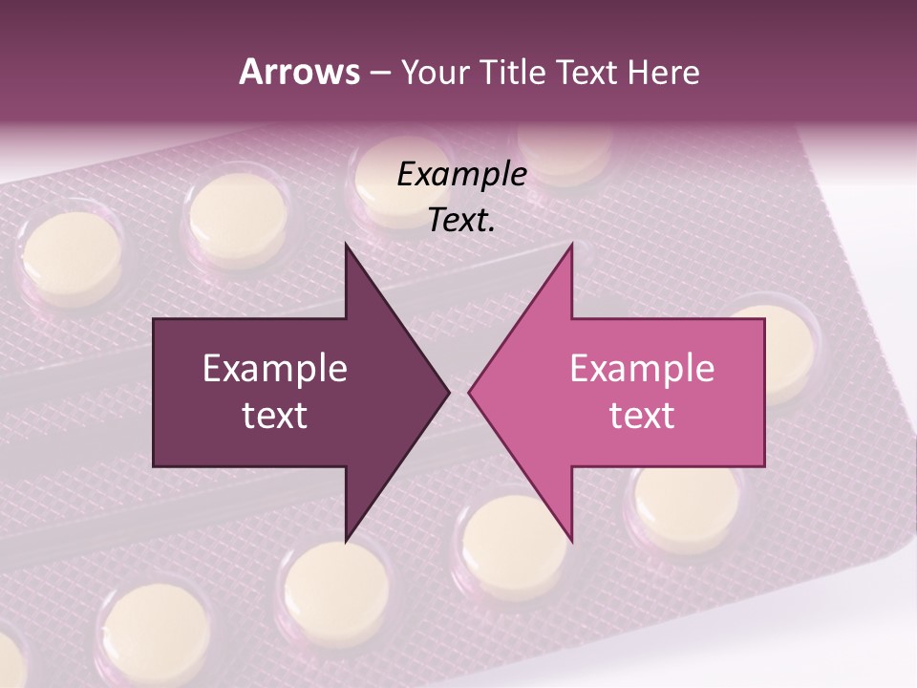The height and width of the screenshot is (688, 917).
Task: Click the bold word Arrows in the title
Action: pos(298,72)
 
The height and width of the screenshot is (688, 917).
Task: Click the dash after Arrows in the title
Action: pos(379,74)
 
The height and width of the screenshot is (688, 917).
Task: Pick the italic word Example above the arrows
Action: pos(461,175)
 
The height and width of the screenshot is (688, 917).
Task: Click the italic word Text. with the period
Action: pos(461,221)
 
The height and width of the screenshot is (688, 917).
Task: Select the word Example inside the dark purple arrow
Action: pos(275,368)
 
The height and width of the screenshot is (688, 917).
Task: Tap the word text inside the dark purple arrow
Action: pos(275,415)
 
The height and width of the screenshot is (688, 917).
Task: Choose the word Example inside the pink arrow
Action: pos(642,368)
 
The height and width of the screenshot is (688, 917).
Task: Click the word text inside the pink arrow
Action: pos(642,415)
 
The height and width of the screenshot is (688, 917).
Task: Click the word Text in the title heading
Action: pos(587,73)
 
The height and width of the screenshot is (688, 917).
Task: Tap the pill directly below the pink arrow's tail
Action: pos(686,506)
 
